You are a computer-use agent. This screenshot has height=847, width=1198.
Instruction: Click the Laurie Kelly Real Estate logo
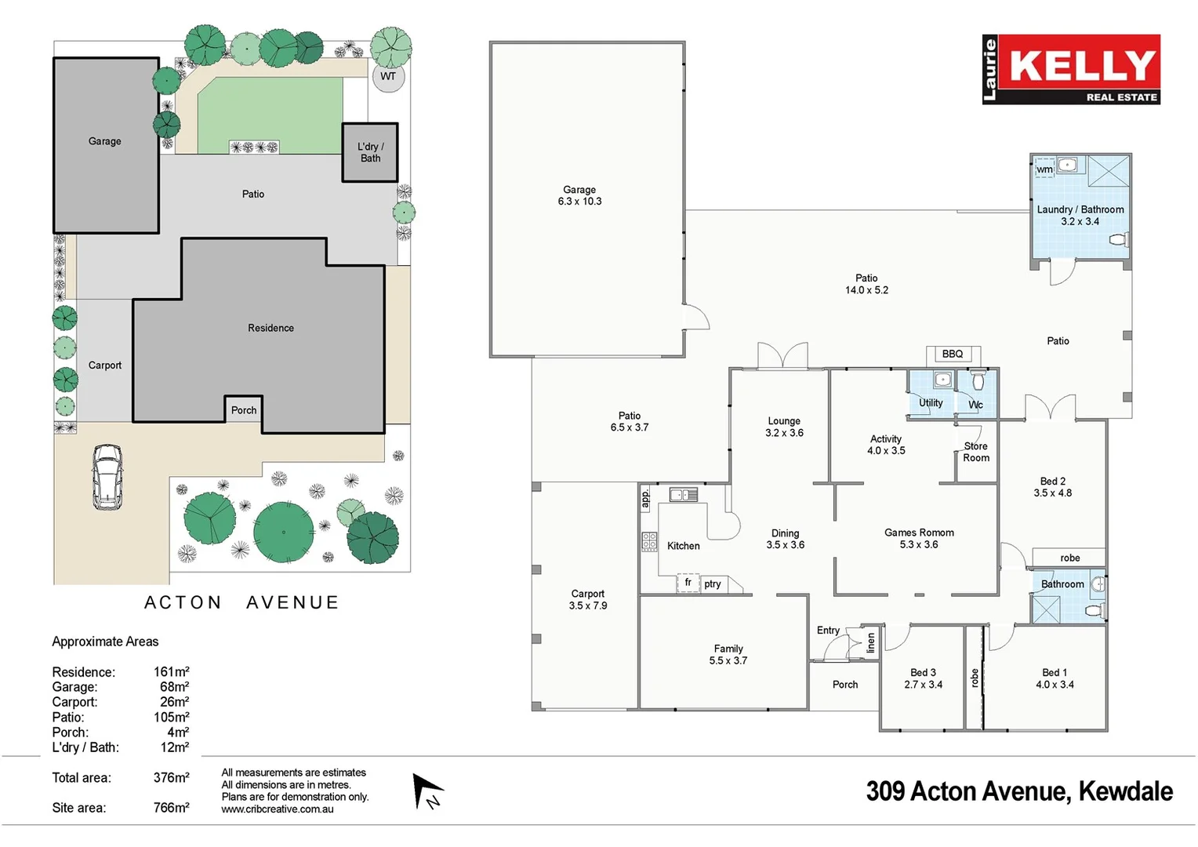click(x=1070, y=69)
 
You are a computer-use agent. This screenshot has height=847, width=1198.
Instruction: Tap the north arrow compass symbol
click(x=427, y=791)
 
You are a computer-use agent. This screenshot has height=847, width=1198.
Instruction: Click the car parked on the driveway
click(x=107, y=477)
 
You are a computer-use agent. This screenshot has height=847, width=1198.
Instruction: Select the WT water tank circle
click(x=388, y=77)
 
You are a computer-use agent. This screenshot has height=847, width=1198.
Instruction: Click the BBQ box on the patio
click(x=953, y=354)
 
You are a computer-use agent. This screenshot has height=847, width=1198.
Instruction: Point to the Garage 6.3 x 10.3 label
click(x=579, y=195)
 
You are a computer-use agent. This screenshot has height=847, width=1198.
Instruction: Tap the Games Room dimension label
click(x=919, y=539)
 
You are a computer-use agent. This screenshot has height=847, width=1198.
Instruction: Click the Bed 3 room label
click(x=923, y=678)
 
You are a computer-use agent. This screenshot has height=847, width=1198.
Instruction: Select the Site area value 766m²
click(x=171, y=808)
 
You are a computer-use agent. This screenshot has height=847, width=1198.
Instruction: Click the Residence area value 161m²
click(x=171, y=672)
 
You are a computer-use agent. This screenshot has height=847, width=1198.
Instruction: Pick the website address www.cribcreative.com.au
click(x=277, y=809)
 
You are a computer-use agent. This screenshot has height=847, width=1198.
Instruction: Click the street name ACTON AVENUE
click(x=241, y=602)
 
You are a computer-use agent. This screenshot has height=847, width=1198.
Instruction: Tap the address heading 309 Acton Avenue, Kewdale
click(x=1019, y=791)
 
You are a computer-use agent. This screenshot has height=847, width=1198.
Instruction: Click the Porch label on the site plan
click(x=244, y=410)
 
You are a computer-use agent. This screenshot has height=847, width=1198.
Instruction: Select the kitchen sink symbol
click(x=683, y=495)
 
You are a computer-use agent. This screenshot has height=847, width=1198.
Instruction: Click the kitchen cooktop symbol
click(x=649, y=541)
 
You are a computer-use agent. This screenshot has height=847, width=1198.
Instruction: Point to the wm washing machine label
click(x=1044, y=169)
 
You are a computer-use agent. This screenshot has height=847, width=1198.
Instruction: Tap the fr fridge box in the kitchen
click(x=688, y=583)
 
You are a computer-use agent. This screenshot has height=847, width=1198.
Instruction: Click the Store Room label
click(x=976, y=452)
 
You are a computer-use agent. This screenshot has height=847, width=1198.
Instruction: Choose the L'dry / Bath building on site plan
click(x=370, y=152)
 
